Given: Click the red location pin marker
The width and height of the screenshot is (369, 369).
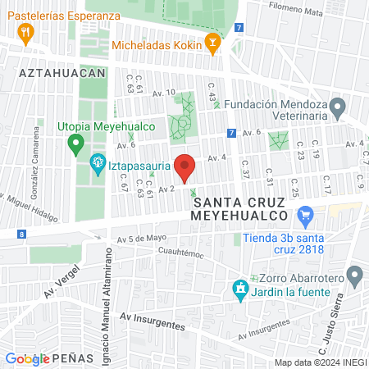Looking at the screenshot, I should [x=185, y=168].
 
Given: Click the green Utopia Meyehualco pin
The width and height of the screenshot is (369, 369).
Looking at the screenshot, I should [x=76, y=145].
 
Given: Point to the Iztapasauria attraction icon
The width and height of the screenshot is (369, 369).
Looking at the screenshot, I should [x=98, y=162].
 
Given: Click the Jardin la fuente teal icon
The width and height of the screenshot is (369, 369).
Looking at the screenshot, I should [x=239, y=289].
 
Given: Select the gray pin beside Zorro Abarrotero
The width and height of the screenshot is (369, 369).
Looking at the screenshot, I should [x=354, y=276].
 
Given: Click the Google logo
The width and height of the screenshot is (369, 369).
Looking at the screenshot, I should [x=27, y=358].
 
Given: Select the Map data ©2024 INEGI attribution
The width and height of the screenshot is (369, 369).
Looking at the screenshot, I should [x=319, y=362].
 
